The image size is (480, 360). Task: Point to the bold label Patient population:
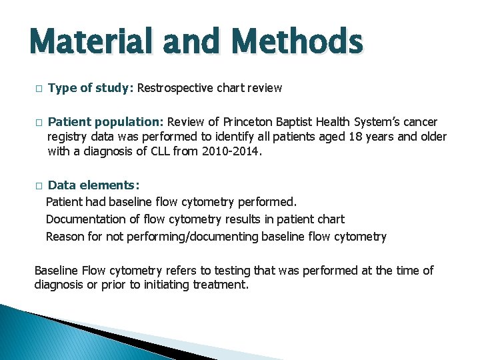107,122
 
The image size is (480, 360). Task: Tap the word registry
67,137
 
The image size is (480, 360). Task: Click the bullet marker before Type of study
39,89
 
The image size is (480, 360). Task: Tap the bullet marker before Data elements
39,185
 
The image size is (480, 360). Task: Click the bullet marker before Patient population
39,123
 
